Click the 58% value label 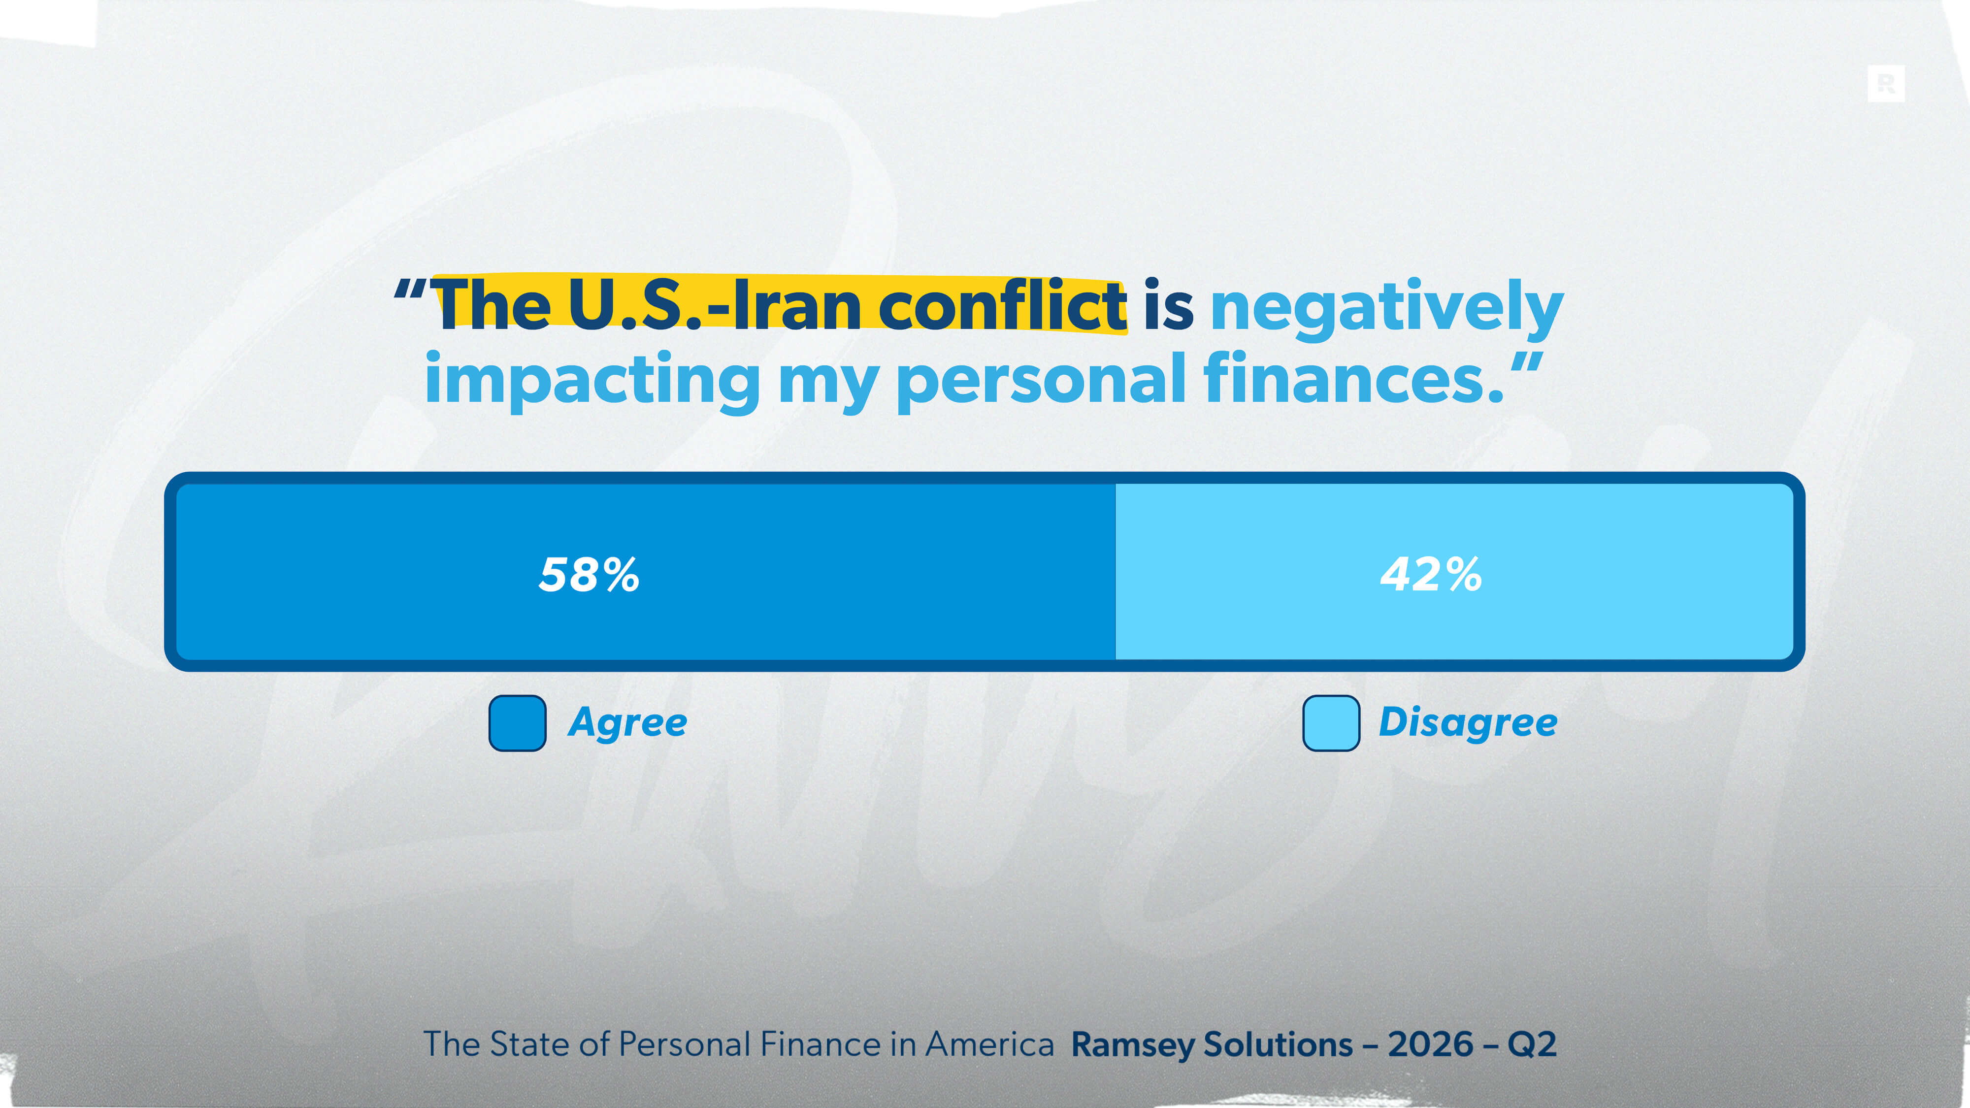pos(589,574)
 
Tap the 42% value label pos(1431,574)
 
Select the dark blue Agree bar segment pos(646,571)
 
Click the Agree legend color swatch pos(517,722)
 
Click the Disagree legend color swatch pos(1331,722)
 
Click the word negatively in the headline pos(1386,309)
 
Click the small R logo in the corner pos(1886,83)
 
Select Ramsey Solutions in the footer pos(1212,1044)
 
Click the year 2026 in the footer pos(1430,1044)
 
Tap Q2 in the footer pos(1532,1044)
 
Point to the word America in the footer pos(989,1044)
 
